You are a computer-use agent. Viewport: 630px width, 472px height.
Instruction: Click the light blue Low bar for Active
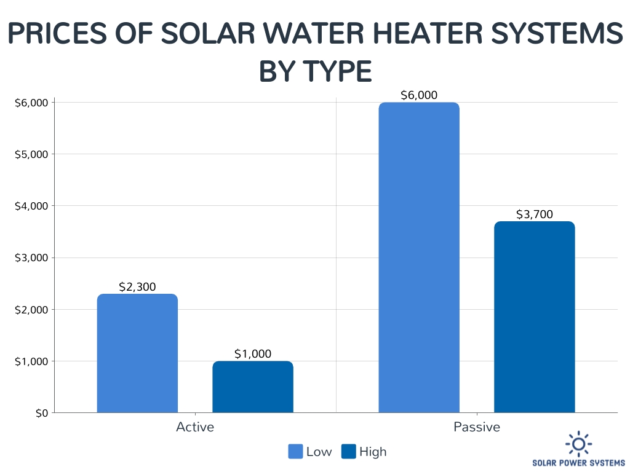pos(137,353)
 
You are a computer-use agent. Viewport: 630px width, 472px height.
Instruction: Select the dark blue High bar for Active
pos(253,387)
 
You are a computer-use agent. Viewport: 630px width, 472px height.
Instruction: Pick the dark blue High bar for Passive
pos(534,317)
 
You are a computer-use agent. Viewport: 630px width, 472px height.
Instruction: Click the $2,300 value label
pos(137,286)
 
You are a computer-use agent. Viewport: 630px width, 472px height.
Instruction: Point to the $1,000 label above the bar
pos(253,353)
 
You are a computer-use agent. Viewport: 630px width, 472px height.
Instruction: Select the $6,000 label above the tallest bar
pos(419,95)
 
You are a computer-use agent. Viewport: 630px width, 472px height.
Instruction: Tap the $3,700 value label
pos(534,214)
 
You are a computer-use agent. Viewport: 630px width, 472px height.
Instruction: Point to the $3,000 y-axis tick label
pos(31,258)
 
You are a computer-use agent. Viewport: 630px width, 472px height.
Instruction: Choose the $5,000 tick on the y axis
pos(31,154)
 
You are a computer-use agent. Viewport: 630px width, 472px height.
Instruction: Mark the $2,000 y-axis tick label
pos(31,309)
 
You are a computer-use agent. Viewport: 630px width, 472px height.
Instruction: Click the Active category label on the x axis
pos(195,427)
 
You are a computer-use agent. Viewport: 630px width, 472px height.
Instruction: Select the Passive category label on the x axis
pos(477,427)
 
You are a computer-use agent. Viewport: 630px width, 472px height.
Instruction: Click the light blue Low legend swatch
pos(295,452)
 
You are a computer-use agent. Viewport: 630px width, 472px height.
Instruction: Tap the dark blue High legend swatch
pos(348,452)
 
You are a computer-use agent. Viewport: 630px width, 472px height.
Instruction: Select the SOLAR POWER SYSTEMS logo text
pos(578,462)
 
